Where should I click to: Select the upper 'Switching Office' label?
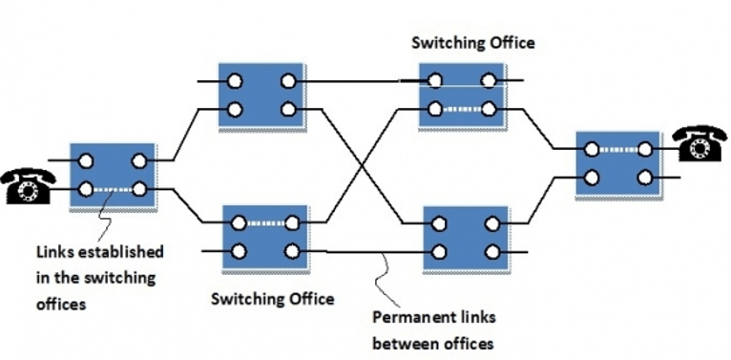point(472,43)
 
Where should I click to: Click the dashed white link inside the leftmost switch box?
point(113,189)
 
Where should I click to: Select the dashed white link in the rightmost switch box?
point(619,149)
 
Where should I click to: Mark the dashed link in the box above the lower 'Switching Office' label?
point(264,224)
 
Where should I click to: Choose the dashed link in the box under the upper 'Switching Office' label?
point(463,109)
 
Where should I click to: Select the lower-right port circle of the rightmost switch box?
point(646,177)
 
